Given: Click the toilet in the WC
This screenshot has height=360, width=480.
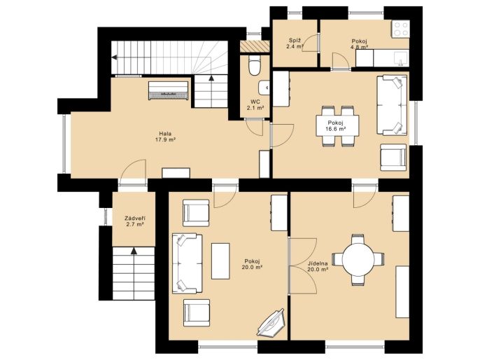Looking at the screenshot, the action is (254, 65).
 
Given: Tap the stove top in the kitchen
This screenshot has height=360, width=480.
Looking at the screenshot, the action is (401, 29).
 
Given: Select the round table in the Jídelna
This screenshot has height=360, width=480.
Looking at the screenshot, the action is (358, 260).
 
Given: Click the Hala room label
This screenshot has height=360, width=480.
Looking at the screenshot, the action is (165, 134).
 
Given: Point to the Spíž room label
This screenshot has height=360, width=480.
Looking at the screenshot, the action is (295, 40).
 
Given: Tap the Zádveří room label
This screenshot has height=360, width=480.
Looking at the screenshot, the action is (134, 219).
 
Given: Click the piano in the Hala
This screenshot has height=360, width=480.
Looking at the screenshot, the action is (168, 90).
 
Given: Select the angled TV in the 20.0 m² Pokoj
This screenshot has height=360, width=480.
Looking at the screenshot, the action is (271, 324).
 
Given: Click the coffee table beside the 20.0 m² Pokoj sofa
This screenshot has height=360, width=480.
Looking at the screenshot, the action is (220, 261).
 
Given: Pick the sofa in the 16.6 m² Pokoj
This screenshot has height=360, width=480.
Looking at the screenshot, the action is (392, 105).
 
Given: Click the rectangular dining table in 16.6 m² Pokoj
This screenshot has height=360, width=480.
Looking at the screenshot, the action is (338, 125).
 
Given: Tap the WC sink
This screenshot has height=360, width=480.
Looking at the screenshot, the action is (264, 88).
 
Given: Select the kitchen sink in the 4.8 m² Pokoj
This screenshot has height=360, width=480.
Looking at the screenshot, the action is (401, 59).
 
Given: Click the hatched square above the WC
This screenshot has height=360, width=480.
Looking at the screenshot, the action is (255, 46).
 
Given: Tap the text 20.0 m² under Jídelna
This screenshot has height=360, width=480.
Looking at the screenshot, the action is (318, 270).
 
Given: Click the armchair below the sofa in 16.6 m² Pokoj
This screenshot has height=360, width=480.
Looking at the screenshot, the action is (393, 157).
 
